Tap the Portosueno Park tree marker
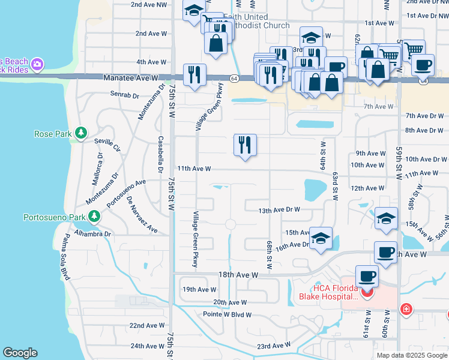[x=94, y=217]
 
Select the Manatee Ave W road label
[x=130, y=78]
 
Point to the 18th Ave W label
[x=238, y=274]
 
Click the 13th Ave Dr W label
[x=279, y=211]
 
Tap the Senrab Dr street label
[x=124, y=94]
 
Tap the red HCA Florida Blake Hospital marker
[x=367, y=292]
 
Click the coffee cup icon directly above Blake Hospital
[x=367, y=276]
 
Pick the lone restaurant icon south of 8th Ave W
[x=245, y=145]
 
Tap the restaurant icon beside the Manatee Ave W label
[x=194, y=74]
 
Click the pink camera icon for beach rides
[x=37, y=64]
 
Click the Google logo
[x=20, y=352]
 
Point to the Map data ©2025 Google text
[x=411, y=355]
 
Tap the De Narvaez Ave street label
[x=142, y=214]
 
